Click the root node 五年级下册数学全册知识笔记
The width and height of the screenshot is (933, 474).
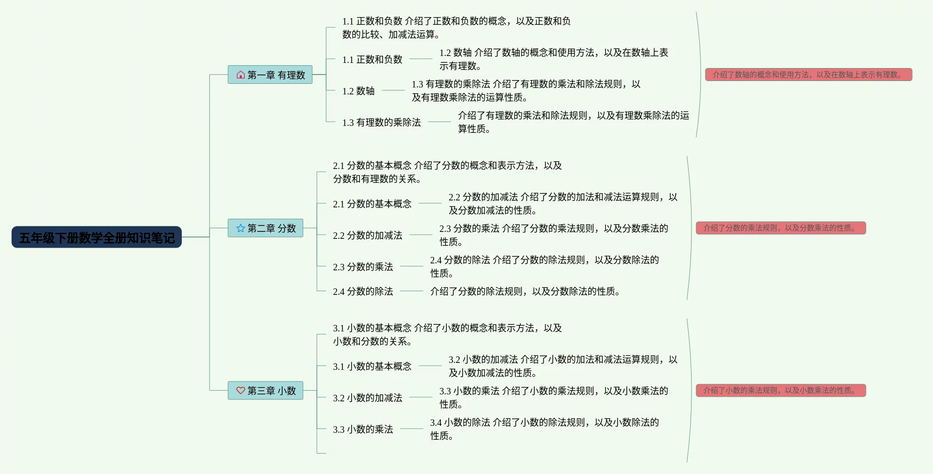(x=97, y=237)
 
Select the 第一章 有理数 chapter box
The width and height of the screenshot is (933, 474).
(x=270, y=75)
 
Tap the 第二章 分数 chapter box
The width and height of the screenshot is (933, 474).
(x=266, y=228)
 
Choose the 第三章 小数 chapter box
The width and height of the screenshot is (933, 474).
(x=266, y=391)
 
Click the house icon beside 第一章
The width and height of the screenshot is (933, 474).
(x=241, y=75)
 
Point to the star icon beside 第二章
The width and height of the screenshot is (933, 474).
(x=241, y=228)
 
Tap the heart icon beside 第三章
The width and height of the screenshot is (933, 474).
(x=241, y=391)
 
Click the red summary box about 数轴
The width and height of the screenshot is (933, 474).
(x=808, y=75)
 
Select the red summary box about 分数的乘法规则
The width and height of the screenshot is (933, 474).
(x=780, y=228)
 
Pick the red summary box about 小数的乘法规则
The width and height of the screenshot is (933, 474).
(x=780, y=391)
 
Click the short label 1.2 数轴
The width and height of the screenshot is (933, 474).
(x=358, y=91)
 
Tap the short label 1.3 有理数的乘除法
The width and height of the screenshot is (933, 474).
(x=382, y=123)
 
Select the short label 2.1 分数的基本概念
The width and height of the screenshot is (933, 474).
(x=372, y=204)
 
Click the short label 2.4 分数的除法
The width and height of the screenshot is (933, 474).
(x=363, y=292)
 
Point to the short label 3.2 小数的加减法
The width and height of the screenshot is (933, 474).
(x=368, y=398)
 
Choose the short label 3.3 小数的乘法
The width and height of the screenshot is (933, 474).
(x=363, y=430)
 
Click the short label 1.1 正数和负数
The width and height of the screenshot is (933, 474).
(x=372, y=60)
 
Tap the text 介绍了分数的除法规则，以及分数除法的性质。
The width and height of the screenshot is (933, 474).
(x=525, y=292)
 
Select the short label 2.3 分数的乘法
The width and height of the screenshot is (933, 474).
(x=363, y=267)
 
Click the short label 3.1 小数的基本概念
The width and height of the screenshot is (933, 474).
(x=372, y=367)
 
